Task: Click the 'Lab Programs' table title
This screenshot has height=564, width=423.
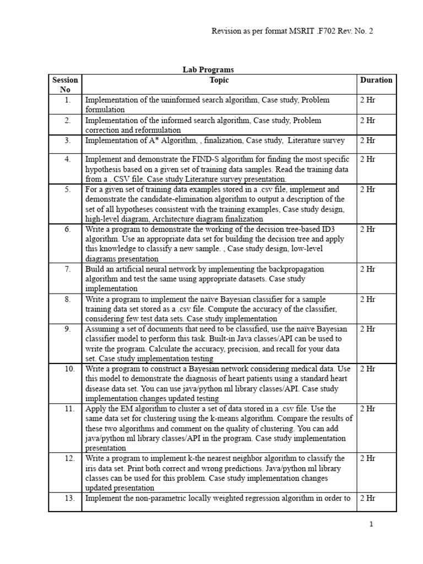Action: (x=208, y=70)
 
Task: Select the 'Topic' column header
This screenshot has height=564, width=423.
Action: (x=219, y=80)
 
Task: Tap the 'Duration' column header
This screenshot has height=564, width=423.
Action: (x=376, y=80)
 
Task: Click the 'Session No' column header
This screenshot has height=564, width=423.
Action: (x=65, y=85)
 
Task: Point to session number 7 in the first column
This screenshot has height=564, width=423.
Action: (x=68, y=269)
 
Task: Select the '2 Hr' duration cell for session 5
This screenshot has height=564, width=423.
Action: (x=367, y=189)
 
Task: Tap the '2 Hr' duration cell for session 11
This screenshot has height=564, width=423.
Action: (x=367, y=409)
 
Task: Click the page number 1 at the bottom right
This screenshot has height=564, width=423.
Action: (x=371, y=524)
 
